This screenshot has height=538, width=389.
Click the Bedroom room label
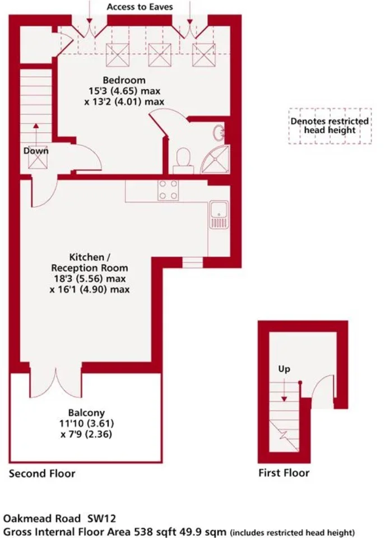coord(124,80)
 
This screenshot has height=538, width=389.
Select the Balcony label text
coord(86,413)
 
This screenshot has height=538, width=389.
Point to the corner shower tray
coord(215,160)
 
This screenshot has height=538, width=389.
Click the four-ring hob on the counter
coord(168,190)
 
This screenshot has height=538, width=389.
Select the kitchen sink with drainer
coord(219,215)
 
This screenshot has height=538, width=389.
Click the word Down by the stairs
coord(36,151)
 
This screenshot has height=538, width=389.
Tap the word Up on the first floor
coord(284,369)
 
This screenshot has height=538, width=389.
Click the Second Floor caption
coord(42,474)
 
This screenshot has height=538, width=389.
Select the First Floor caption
coord(284,473)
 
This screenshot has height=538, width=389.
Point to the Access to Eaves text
coord(140,7)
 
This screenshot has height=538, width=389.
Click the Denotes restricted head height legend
coord(330,126)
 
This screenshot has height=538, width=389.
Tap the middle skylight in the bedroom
coord(160,55)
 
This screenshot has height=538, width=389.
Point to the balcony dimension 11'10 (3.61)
coord(86,424)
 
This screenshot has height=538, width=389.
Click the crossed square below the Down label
coord(38,162)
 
